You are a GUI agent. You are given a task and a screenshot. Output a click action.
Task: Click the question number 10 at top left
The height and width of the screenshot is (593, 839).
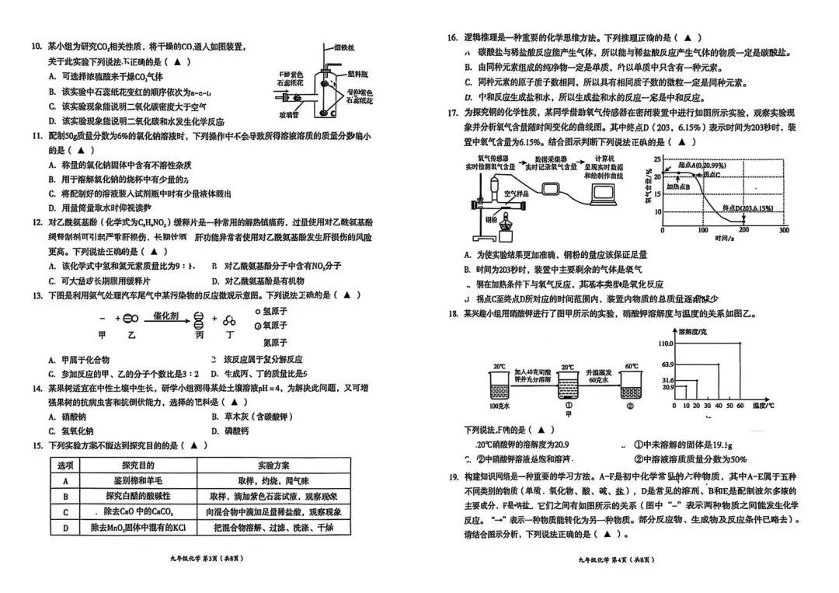(x=36, y=47)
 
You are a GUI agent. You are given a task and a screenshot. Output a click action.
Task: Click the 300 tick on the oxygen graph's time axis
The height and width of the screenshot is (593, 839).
(x=784, y=230)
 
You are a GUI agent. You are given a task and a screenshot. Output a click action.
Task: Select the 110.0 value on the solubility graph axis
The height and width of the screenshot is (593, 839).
(x=665, y=343)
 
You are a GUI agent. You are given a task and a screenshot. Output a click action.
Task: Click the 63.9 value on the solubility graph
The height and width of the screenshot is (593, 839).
(x=667, y=364)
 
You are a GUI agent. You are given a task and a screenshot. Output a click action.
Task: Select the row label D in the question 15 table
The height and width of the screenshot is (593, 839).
(x=66, y=528)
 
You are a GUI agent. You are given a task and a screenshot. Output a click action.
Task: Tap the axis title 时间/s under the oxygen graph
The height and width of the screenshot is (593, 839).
(x=727, y=239)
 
